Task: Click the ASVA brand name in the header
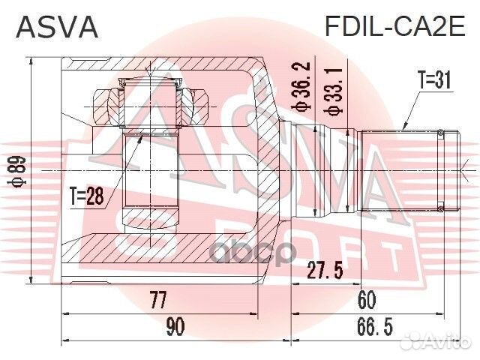[x=57, y=27]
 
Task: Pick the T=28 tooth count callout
[x=86, y=197]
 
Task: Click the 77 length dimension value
[x=157, y=301]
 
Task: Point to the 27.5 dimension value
[x=326, y=271]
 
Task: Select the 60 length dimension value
[x=367, y=301]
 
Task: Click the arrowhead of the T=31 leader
[x=404, y=129]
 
